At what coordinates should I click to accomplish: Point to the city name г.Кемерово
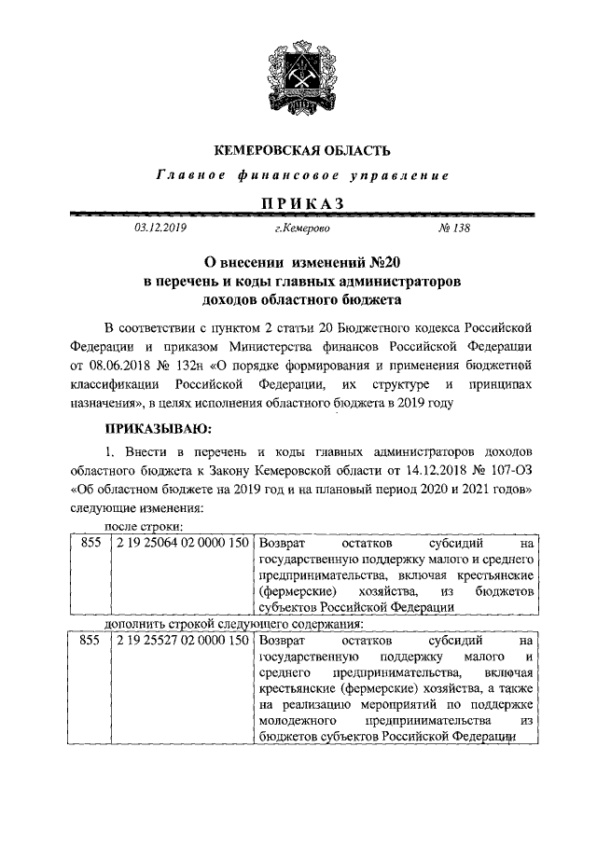click(x=301, y=227)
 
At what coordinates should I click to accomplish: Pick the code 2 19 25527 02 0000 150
click(x=182, y=642)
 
